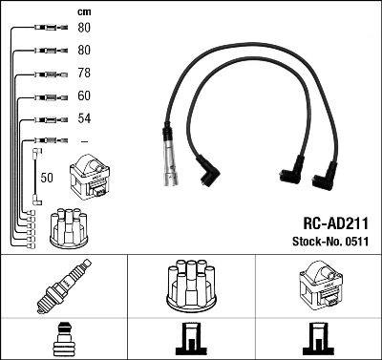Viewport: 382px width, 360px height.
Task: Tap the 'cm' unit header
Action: [83, 11]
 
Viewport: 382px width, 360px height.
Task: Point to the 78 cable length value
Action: [83, 74]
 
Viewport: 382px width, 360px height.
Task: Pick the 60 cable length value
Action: [83, 96]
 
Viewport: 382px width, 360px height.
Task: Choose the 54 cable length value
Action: [83, 119]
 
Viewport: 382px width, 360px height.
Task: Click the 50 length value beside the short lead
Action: [47, 179]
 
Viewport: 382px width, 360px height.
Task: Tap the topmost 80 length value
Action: [83, 28]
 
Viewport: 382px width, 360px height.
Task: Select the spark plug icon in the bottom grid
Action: [63, 288]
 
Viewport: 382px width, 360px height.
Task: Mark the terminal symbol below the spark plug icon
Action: [63, 339]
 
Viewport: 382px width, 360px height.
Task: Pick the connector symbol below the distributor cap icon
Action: [191, 339]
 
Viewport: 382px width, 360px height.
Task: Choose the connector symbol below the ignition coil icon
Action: [318, 339]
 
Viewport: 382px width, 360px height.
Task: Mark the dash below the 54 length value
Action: [83, 142]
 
